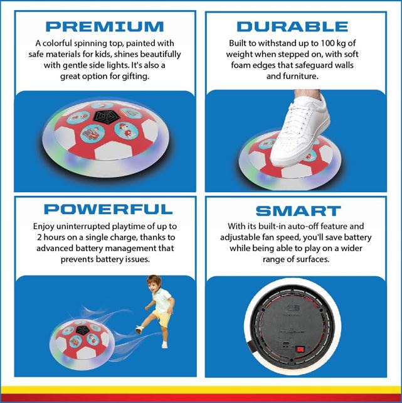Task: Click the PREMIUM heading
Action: [105, 27]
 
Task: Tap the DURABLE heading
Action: [292, 27]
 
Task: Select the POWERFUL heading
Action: [108, 209]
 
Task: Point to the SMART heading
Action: [299, 211]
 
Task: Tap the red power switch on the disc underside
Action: [299, 350]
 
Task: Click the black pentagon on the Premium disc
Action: [107, 117]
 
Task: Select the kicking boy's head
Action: [154, 284]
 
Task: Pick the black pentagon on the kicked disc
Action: [82, 330]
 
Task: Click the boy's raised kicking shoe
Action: [139, 330]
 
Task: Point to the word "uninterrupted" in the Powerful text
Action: [83, 227]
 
